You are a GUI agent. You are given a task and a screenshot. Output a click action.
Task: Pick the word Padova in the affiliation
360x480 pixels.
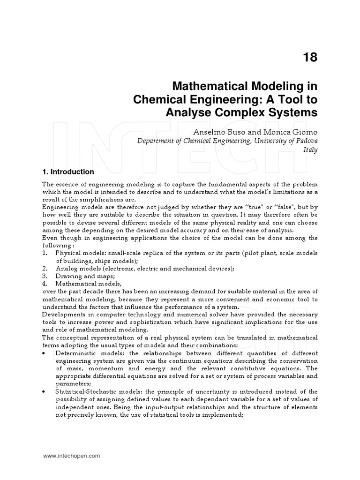pos(306,141)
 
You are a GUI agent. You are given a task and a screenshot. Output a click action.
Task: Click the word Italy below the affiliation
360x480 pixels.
pos(310,150)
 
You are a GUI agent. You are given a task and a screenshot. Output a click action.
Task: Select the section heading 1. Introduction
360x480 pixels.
pos(68,172)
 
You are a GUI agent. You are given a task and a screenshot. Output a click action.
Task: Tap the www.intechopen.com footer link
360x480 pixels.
pos(71,456)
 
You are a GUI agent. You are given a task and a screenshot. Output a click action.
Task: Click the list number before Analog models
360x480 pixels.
pos(45,269)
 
